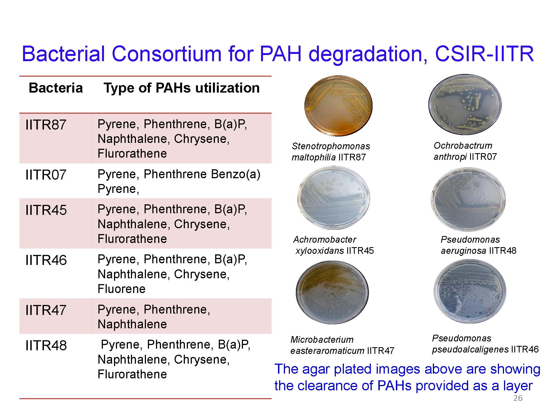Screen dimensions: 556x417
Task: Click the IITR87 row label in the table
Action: (x=46, y=125)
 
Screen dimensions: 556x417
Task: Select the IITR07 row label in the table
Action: (x=46, y=175)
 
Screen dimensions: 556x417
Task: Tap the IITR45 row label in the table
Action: (x=46, y=210)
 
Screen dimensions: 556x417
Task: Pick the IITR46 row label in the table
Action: (x=46, y=260)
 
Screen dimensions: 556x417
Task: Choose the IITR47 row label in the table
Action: (x=46, y=310)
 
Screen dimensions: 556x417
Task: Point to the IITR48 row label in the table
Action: (x=46, y=346)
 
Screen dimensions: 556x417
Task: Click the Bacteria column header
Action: (x=56, y=88)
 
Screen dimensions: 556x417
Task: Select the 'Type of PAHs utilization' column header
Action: (x=182, y=88)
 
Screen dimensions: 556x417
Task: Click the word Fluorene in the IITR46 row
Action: (x=121, y=289)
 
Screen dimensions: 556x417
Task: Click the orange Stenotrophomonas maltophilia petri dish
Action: (x=338, y=105)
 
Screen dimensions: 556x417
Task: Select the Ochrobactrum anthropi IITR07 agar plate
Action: (x=465, y=104)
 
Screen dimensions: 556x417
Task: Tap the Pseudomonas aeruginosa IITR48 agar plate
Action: (x=468, y=199)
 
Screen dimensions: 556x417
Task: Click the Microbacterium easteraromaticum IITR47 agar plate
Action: (x=332, y=292)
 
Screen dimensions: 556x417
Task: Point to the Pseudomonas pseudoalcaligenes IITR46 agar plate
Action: (x=470, y=291)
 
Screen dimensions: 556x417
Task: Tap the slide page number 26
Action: (x=518, y=398)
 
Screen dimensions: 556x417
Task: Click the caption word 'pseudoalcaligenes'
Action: (x=470, y=349)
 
